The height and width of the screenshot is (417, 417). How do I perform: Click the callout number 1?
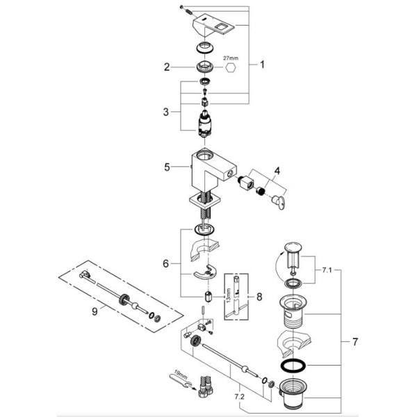[262, 65]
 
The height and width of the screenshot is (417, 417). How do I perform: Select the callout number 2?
[167, 67]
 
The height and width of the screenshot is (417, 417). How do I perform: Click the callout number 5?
[166, 167]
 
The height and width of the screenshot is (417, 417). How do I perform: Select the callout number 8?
[259, 296]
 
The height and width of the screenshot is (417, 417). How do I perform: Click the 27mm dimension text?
[230, 58]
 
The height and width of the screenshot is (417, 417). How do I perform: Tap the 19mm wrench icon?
[179, 379]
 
